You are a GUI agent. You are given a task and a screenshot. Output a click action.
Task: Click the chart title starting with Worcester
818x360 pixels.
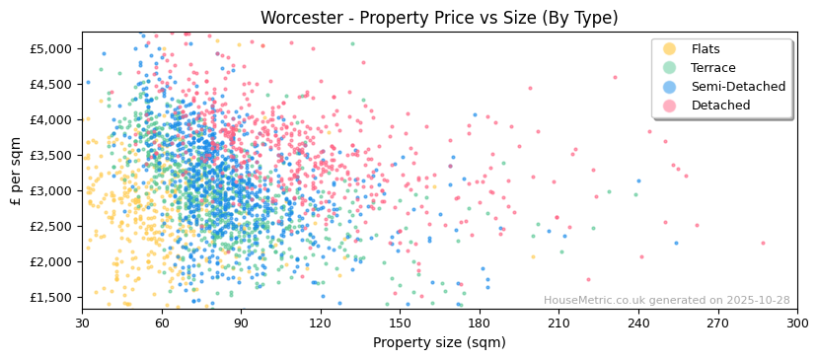click(x=439, y=18)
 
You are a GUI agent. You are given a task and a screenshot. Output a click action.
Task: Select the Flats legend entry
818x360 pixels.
click(x=705, y=49)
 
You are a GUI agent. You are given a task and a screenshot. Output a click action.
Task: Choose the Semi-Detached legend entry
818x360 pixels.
click(x=738, y=87)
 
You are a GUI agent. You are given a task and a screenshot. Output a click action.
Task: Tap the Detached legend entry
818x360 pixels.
click(x=720, y=106)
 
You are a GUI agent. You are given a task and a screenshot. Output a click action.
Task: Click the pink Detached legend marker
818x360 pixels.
click(x=670, y=106)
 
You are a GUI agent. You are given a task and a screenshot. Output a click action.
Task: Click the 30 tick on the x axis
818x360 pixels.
click(x=83, y=323)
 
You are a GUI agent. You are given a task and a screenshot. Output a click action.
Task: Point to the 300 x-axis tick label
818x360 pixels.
click(x=796, y=323)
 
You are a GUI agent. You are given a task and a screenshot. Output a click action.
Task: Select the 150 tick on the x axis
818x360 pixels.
click(x=400, y=323)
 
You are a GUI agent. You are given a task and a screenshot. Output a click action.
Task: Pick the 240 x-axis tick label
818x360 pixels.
click(x=637, y=323)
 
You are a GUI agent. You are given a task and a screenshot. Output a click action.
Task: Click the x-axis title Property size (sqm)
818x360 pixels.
click(x=439, y=343)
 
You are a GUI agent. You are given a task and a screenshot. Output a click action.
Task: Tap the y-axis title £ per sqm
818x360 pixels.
click(x=16, y=172)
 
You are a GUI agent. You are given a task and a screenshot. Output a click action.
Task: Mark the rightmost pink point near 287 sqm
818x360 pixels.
click(x=763, y=243)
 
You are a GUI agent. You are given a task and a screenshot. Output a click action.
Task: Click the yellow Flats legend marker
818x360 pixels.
click(x=670, y=49)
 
